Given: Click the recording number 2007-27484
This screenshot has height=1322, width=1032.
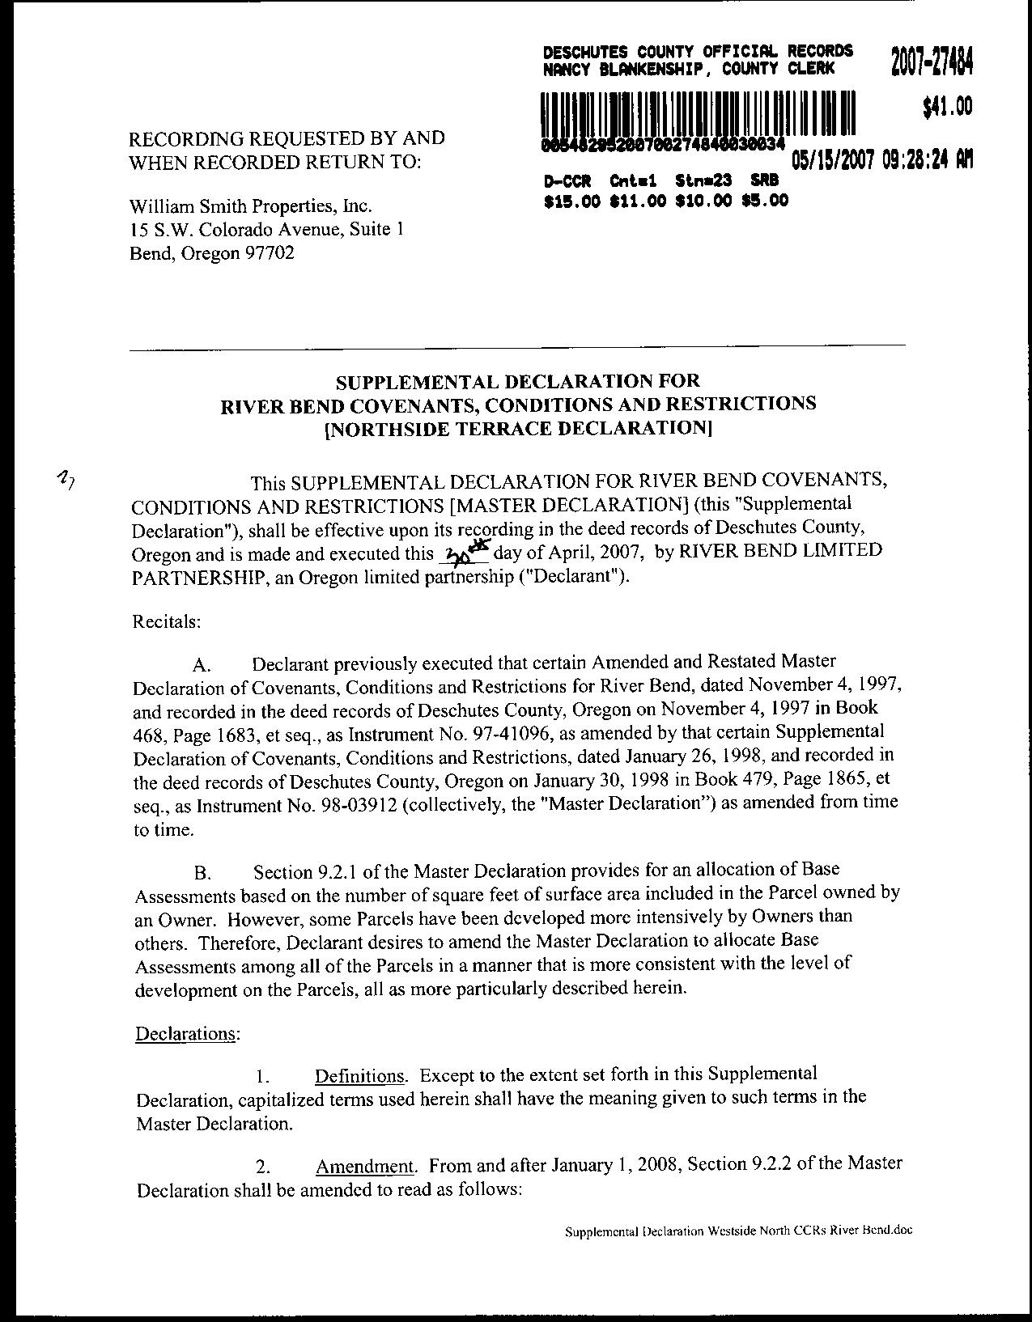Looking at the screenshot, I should (930, 61).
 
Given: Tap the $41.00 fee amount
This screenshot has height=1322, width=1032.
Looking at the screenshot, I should (946, 108).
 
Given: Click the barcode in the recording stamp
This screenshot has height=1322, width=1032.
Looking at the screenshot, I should (699, 112).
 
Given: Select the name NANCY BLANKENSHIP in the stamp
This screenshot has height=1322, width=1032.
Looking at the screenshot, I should (623, 69).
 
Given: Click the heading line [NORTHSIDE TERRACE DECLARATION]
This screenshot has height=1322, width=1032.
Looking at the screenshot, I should (517, 427).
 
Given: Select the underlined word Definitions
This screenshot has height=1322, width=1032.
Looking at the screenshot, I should (361, 1076).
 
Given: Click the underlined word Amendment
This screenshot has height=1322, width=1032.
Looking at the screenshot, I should (366, 1166).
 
